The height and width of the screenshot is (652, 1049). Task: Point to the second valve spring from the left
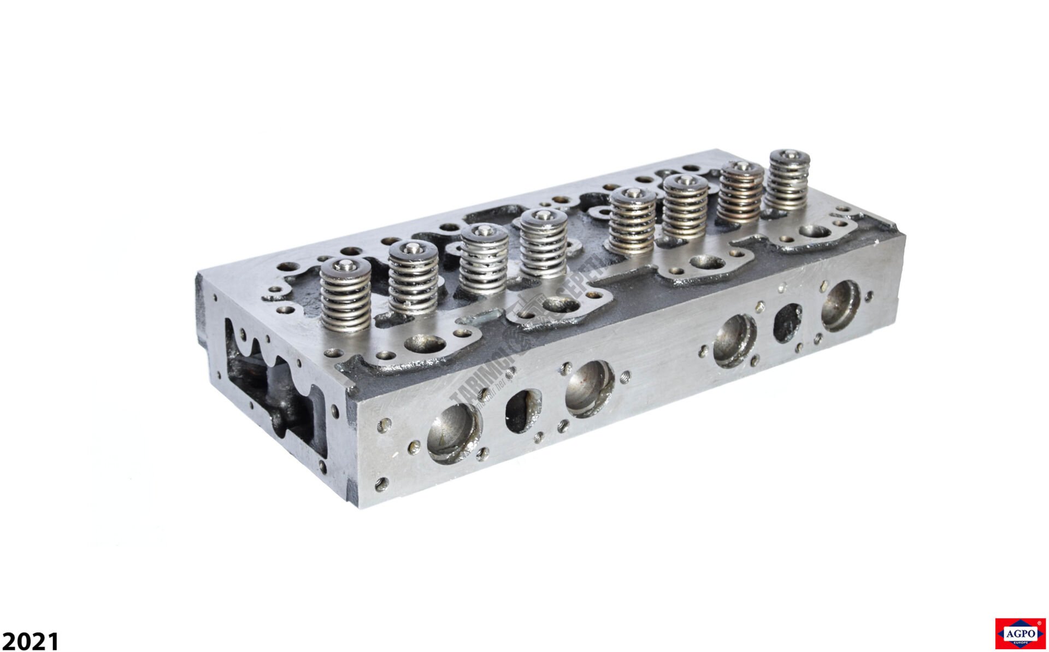pos(413,280)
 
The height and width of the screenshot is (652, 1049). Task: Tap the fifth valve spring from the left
pos(633,222)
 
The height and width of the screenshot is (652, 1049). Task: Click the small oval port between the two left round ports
pos(523,409)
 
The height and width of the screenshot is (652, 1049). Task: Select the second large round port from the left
pos(590,389)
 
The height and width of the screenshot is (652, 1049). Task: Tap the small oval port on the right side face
pos(787,322)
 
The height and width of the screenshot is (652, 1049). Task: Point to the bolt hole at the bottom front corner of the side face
pos(382,483)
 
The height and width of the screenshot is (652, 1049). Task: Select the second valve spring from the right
pos(740,194)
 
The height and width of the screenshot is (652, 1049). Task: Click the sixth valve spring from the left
pos(686,208)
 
